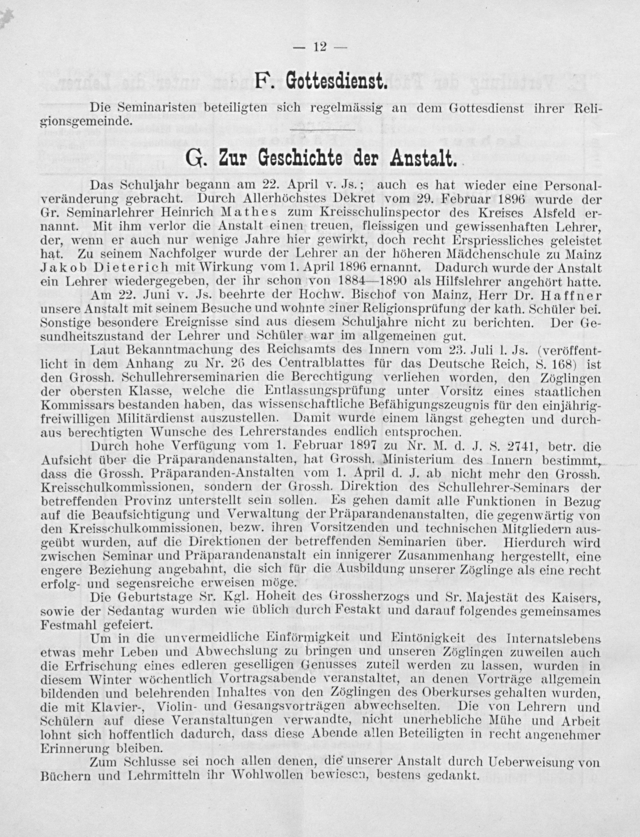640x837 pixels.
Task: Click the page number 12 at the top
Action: pyautogui.click(x=320, y=47)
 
